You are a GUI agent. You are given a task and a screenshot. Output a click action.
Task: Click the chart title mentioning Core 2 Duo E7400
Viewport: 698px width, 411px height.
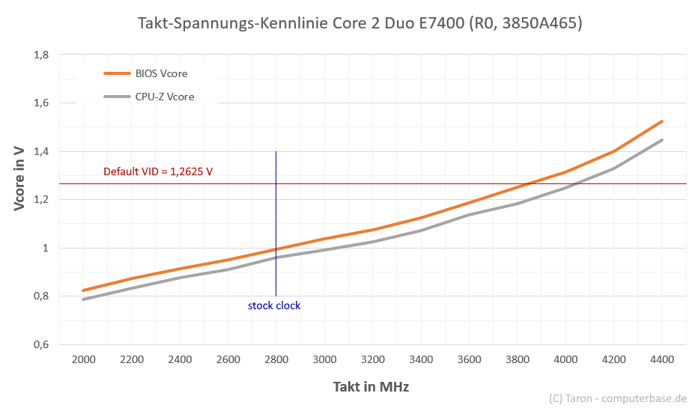coord(360,23)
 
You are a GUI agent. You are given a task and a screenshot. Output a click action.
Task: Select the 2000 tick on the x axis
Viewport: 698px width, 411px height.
coord(83,359)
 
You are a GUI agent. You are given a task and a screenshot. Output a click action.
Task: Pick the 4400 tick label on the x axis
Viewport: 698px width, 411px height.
coord(662,359)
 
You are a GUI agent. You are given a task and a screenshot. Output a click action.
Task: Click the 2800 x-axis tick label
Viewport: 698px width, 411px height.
coord(276,359)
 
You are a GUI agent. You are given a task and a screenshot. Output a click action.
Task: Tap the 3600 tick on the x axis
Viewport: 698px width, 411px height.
coord(469,359)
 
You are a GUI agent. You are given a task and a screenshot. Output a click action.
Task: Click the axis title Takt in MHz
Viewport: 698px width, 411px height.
coord(371,386)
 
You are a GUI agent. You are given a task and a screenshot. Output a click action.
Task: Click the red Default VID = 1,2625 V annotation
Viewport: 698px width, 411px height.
coord(158,171)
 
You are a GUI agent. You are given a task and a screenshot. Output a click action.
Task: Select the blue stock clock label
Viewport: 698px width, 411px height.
coord(274,305)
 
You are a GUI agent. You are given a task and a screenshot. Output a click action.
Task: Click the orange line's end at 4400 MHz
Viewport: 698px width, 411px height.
coord(662,121)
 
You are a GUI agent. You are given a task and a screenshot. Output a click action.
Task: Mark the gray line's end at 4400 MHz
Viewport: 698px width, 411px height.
coord(662,140)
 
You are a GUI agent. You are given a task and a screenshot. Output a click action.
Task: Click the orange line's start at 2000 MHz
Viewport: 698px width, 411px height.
coord(83,290)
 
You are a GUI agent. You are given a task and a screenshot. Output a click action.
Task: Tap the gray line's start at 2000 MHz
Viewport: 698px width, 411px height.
coord(83,299)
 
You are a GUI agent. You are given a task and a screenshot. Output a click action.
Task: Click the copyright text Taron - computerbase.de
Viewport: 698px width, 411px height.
coord(617,398)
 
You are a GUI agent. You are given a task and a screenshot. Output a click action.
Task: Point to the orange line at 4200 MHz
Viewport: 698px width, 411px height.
coord(614,151)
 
